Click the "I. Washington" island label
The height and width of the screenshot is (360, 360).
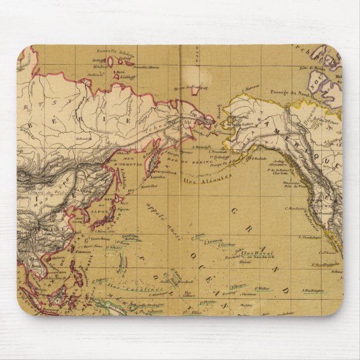(x=312, y=290)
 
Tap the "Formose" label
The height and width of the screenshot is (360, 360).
(x=82, y=253)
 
